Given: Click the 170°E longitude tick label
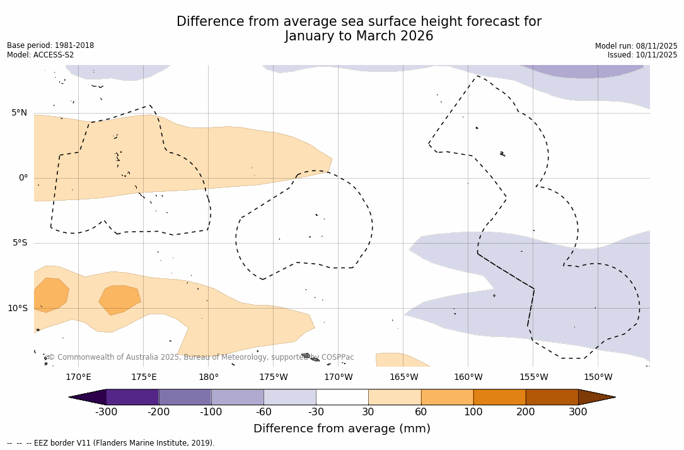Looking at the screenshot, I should [x=78, y=377].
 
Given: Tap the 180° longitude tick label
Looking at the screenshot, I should [x=208, y=377].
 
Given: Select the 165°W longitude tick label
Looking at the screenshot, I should [x=403, y=377].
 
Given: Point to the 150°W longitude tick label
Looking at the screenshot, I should [x=598, y=377].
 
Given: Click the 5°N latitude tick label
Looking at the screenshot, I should [x=19, y=113].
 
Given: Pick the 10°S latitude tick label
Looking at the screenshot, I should [x=17, y=309].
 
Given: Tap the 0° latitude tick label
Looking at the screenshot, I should [x=23, y=178].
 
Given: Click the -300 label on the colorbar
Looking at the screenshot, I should [x=106, y=412].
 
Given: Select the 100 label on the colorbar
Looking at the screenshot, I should [x=473, y=412].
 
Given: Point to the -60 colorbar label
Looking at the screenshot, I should [x=264, y=412].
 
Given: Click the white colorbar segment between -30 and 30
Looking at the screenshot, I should [x=342, y=397].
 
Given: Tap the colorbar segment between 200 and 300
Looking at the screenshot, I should [x=552, y=397].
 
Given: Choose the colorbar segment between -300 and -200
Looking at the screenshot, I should [x=132, y=397].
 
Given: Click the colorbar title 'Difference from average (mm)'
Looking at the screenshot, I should [x=342, y=429].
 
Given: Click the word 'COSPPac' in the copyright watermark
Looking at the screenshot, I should [x=338, y=357].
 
